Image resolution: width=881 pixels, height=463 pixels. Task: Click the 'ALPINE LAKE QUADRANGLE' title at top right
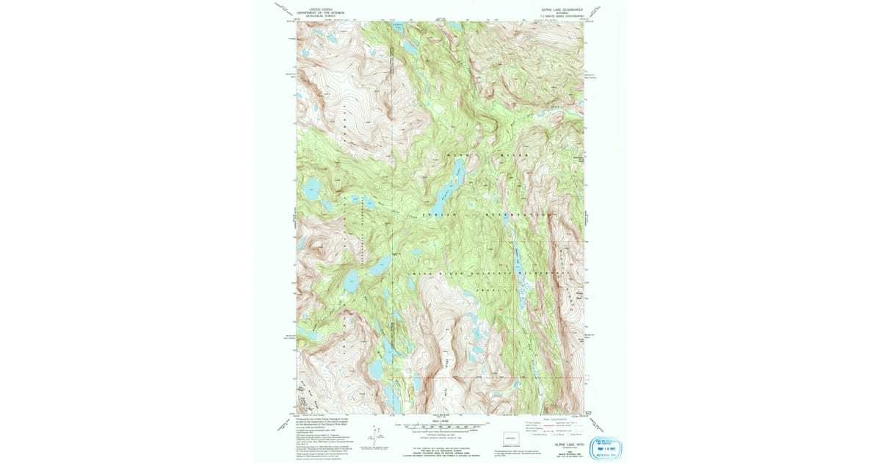(561, 10)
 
